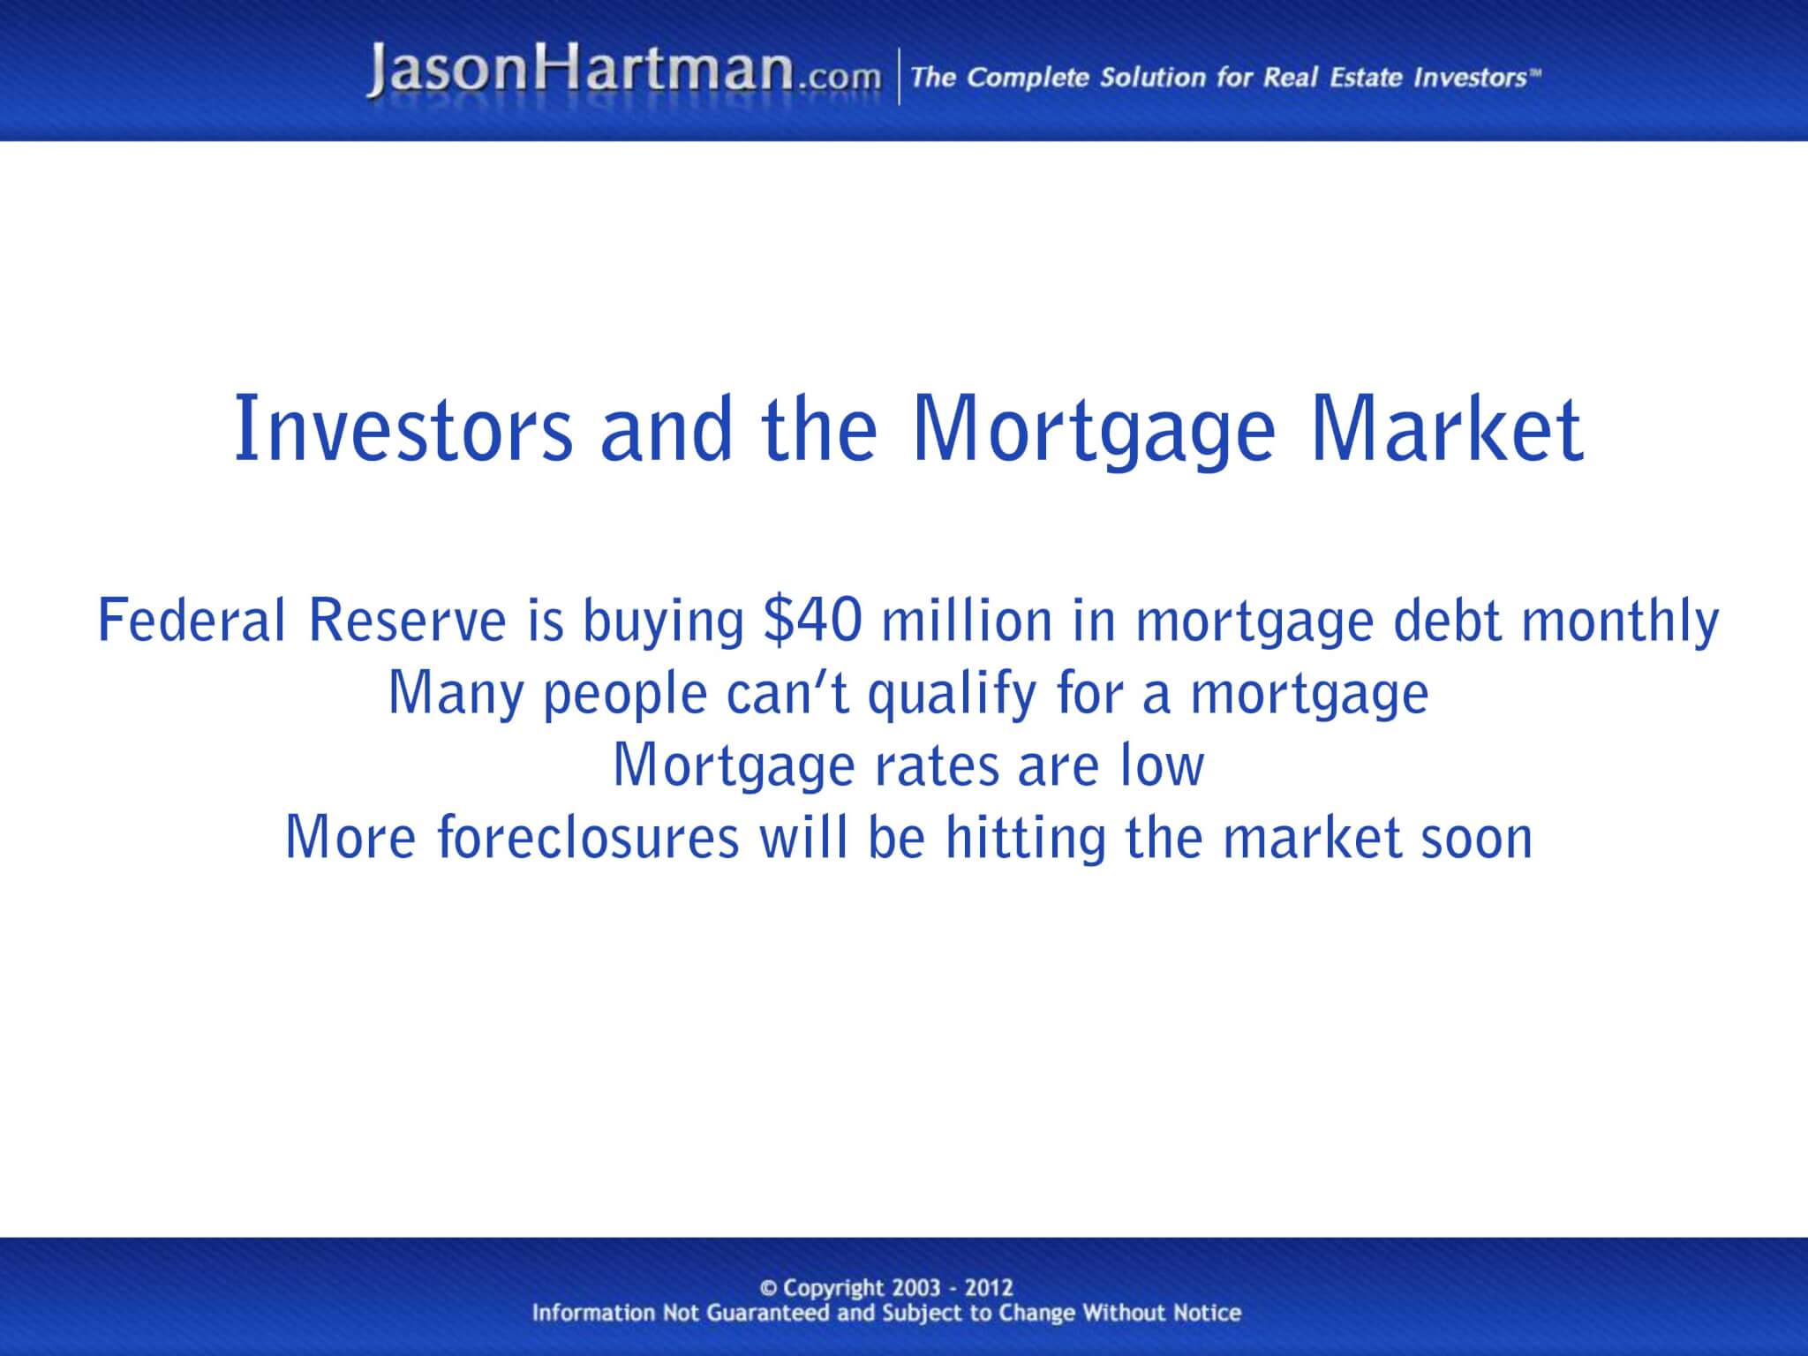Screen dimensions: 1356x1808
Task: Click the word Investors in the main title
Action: click(x=403, y=430)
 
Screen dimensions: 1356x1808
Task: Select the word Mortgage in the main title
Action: click(x=1094, y=432)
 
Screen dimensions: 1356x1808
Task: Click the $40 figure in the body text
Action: click(x=812, y=620)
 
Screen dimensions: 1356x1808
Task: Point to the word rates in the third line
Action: click(x=936, y=766)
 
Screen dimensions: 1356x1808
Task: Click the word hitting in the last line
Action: click(x=1025, y=839)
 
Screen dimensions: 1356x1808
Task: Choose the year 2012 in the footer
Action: click(x=988, y=1288)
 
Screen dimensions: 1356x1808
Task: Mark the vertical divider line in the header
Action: click(x=899, y=77)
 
